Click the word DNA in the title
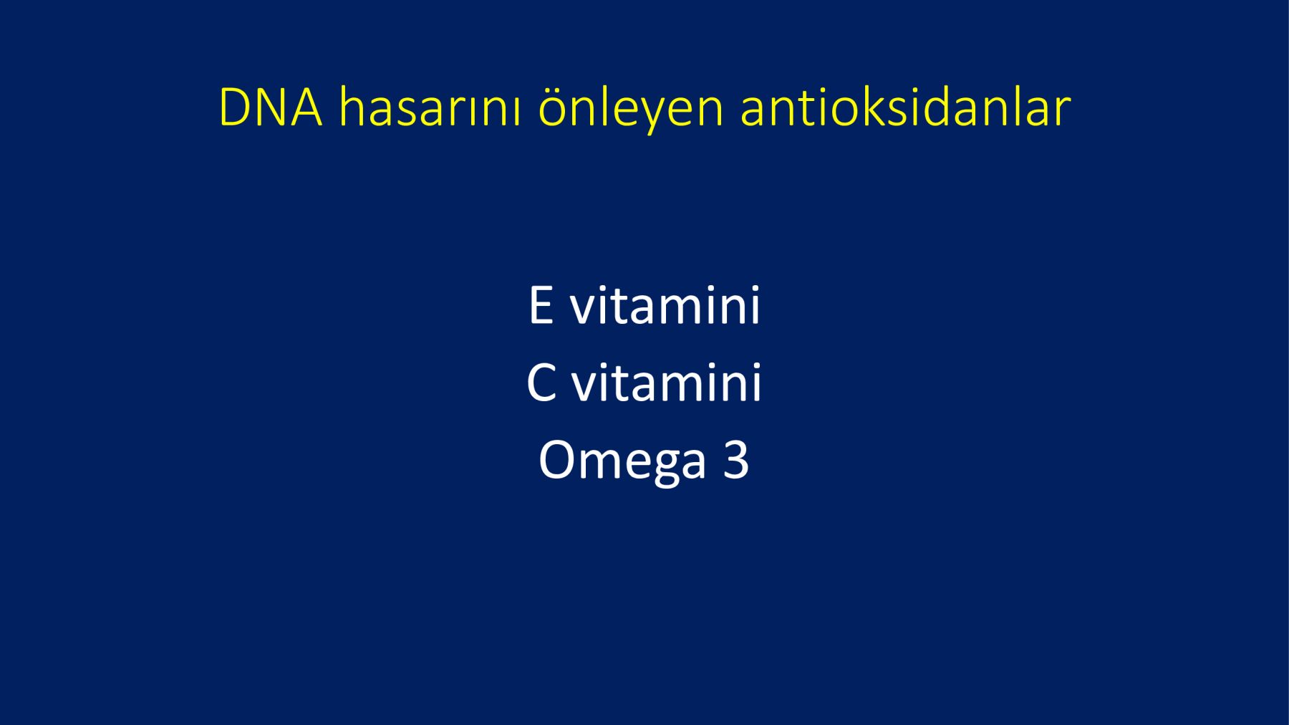click(x=271, y=108)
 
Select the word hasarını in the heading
click(x=429, y=107)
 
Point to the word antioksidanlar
click(x=905, y=107)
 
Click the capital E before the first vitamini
click(x=541, y=305)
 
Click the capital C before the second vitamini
click(x=541, y=383)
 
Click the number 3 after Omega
click(x=736, y=459)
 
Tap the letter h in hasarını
click(x=352, y=107)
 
